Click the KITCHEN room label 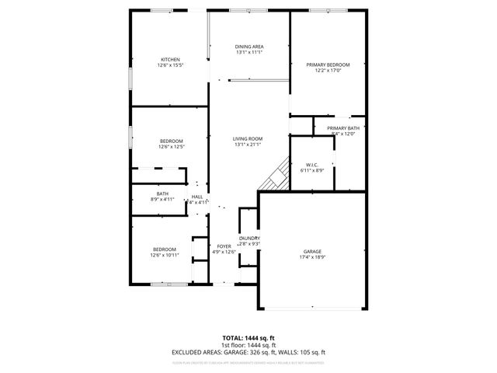pos(171,60)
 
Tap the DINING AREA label pos(249,47)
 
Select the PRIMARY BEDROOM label pos(327,64)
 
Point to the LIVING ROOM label pos(248,138)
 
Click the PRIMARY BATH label pos(342,128)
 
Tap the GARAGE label pos(313,252)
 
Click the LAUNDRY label pos(249,238)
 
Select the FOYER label pos(224,246)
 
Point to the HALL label pos(197,197)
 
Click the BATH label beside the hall pos(162,193)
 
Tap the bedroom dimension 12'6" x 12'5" pos(171,146)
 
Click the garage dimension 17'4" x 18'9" pos(313,257)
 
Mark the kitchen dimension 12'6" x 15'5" pos(171,65)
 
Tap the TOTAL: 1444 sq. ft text pos(248,338)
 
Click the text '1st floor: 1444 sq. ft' pos(248,345)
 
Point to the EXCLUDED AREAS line pos(248,352)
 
